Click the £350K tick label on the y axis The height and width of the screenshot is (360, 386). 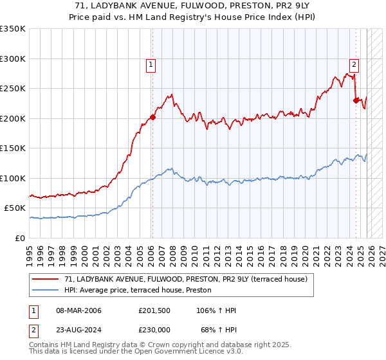pos(13,29)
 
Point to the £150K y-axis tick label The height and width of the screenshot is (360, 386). pos(13,148)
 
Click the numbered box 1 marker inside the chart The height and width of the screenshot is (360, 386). pos(151,64)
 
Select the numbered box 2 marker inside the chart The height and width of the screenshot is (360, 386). pos(354,64)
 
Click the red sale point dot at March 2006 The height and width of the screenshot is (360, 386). pos(152,118)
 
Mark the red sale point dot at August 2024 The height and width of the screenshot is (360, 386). pos(356,100)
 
